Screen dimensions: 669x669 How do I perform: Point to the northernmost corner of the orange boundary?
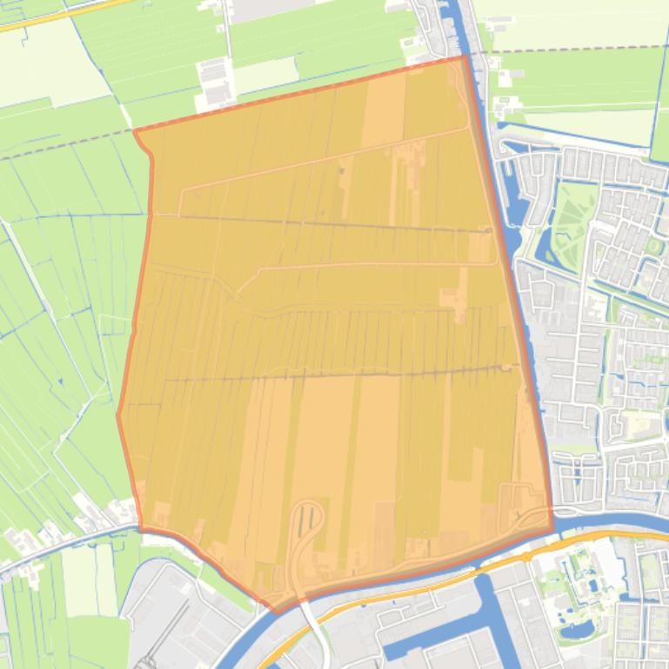[x=464, y=56]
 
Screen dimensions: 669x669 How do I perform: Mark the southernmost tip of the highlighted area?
[x=277, y=612]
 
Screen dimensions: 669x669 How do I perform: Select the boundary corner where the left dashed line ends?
[x=134, y=130]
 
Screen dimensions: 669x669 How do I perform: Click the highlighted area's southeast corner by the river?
[x=552, y=527]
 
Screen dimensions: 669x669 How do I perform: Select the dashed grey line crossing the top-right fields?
[x=574, y=50]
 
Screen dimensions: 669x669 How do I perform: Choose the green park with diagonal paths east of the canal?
[x=574, y=217]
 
